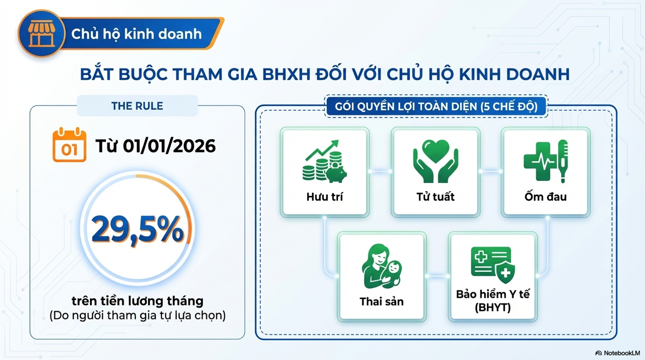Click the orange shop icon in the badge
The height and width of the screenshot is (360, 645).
pos(42,34)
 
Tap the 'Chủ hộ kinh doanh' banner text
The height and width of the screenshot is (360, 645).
pos(136,34)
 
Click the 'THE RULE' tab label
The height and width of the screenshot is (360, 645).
pos(137,106)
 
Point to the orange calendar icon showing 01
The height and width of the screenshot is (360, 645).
pos(69,145)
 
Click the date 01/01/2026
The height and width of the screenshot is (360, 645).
pos(169,146)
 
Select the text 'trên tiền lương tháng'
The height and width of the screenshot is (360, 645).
pos(138,301)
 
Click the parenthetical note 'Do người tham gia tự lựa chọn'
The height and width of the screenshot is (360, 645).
pos(138,315)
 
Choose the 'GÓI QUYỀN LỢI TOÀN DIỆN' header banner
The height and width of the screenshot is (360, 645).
pos(436,106)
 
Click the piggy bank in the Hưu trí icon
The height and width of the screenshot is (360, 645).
pos(336,173)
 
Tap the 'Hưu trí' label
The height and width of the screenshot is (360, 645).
pos(324,197)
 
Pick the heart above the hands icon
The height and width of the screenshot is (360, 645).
pos(436,150)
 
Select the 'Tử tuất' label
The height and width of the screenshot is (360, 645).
pos(435,197)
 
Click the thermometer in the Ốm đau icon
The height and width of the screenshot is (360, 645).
pos(563,161)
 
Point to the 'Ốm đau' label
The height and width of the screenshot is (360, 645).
pos(546,197)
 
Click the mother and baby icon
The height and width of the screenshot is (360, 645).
pos(381,266)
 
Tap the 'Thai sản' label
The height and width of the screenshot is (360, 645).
pos(381,302)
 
